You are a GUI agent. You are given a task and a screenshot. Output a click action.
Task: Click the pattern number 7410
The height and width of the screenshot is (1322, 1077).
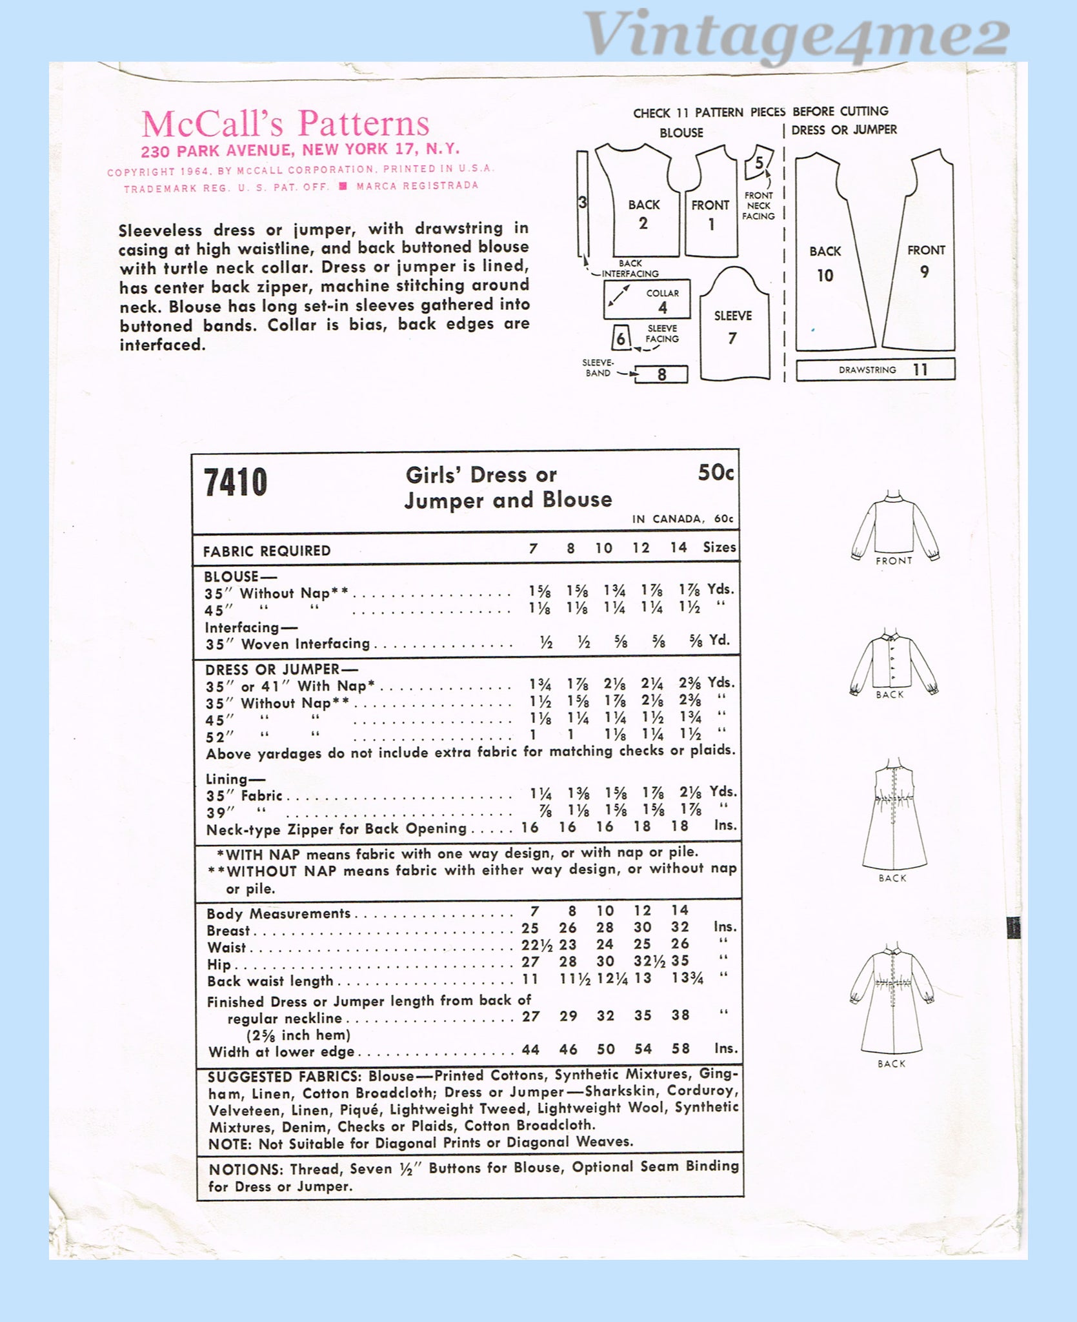[235, 483]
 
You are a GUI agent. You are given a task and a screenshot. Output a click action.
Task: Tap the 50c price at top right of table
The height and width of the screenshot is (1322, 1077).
[715, 473]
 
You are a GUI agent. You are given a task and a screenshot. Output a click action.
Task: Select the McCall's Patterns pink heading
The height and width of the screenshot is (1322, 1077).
[285, 123]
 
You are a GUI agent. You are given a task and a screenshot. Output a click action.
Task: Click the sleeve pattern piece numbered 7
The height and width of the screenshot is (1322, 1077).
[733, 326]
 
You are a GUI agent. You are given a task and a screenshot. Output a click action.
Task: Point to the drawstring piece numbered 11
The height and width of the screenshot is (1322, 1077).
[875, 370]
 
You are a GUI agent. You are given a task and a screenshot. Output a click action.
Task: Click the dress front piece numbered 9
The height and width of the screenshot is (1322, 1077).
[920, 258]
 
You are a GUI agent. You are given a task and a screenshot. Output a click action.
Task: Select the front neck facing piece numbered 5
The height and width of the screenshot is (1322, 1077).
[759, 165]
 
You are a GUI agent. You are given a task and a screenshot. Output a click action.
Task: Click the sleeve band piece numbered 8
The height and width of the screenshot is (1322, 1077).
[661, 374]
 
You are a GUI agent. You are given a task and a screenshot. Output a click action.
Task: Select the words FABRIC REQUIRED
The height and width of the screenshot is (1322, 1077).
[267, 551]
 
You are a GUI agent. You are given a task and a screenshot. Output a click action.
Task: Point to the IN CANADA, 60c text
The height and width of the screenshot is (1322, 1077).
[683, 519]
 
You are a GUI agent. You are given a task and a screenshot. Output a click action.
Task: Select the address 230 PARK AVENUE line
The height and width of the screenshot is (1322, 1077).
[300, 149]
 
